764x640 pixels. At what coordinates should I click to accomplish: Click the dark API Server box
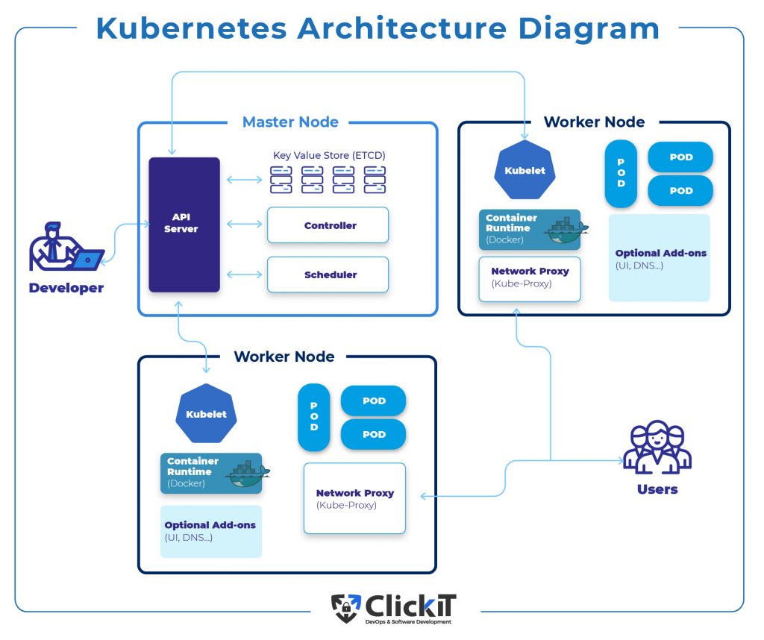[x=184, y=224]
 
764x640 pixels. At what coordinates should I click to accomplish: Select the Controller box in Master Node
[x=328, y=225]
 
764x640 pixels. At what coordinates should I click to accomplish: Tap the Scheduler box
[x=328, y=274]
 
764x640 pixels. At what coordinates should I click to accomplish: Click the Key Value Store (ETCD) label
[x=329, y=155]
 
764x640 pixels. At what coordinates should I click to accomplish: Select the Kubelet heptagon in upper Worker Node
[x=525, y=170]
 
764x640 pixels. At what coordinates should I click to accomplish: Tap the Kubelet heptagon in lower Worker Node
[x=206, y=414]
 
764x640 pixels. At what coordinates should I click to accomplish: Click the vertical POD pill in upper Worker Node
[x=621, y=173]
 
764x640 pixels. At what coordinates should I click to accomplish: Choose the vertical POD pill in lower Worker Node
[x=313, y=417]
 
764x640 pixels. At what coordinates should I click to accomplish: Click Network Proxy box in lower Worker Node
[x=354, y=498]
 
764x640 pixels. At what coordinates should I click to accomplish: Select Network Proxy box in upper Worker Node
[x=530, y=278]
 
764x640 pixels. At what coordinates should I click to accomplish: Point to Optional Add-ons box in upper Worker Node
[x=660, y=258]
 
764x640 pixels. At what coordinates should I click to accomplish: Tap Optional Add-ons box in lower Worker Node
[x=210, y=531]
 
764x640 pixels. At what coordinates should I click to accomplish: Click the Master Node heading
[x=290, y=122]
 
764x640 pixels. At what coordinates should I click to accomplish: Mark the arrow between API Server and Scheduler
[x=243, y=274]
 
